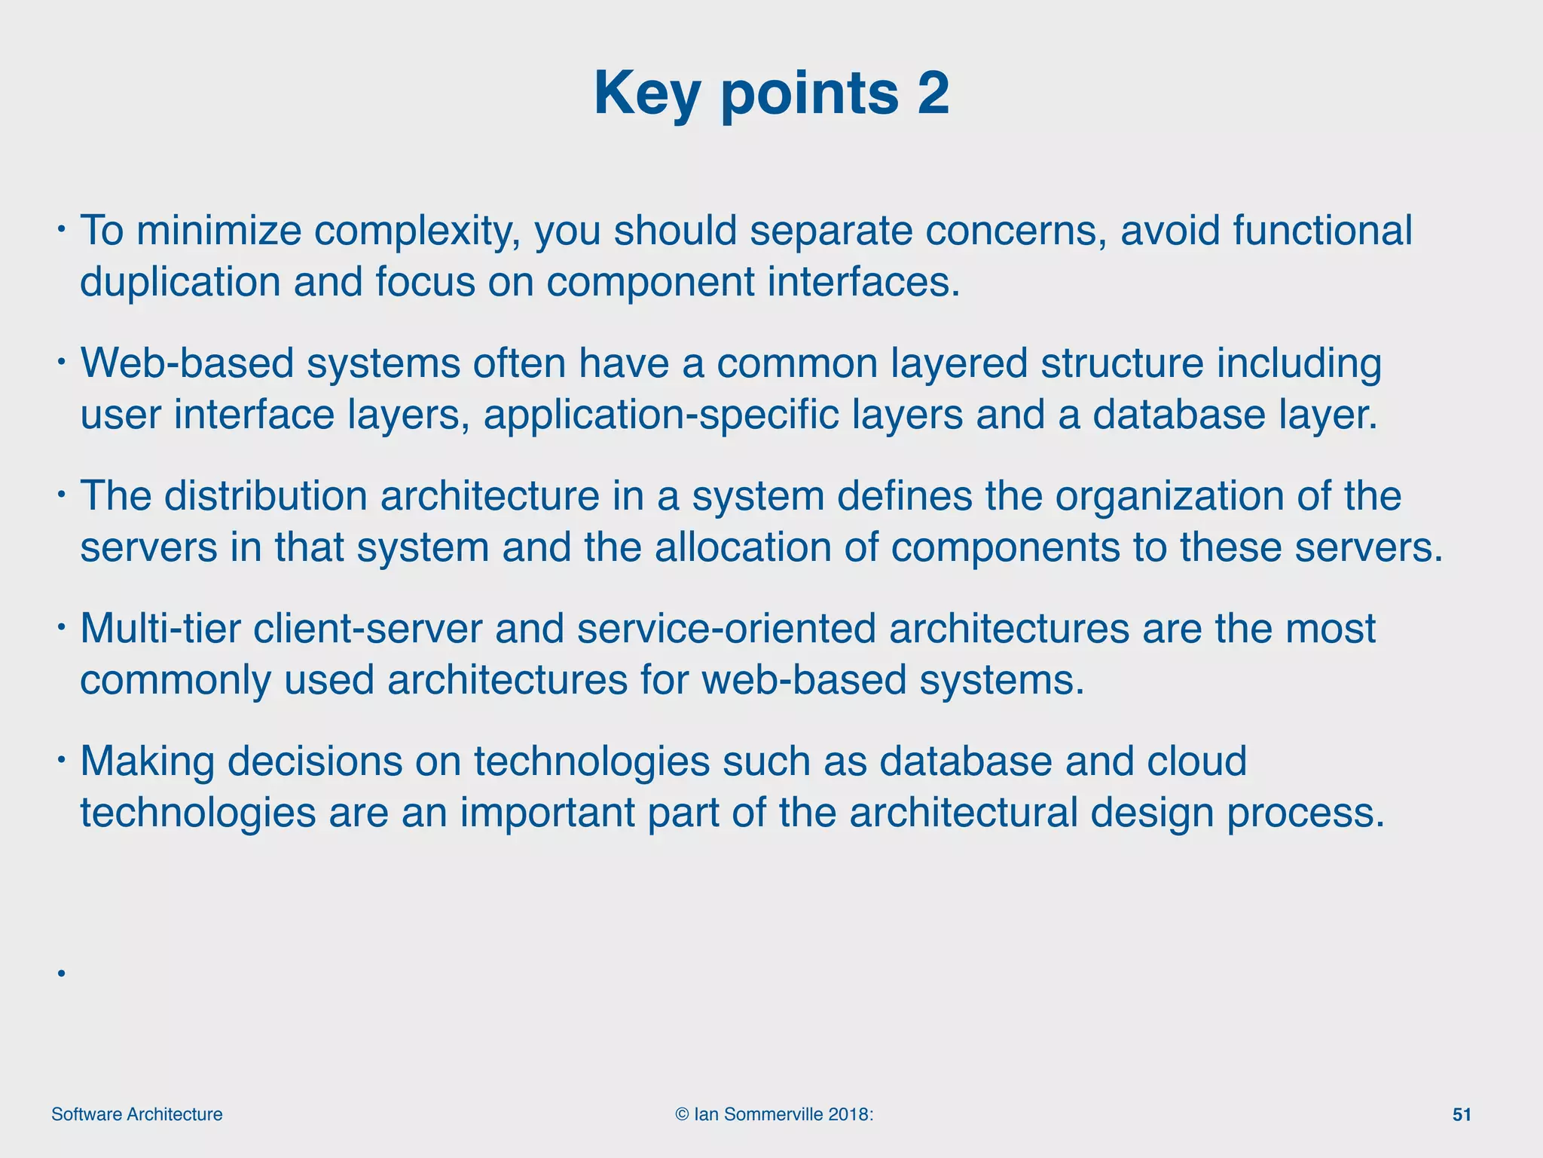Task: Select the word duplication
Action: point(180,282)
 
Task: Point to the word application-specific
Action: point(661,415)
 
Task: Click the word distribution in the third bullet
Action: point(265,496)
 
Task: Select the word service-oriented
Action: point(726,629)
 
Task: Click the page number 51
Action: point(1461,1115)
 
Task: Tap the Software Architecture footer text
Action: point(136,1115)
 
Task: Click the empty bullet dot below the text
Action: point(61,973)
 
